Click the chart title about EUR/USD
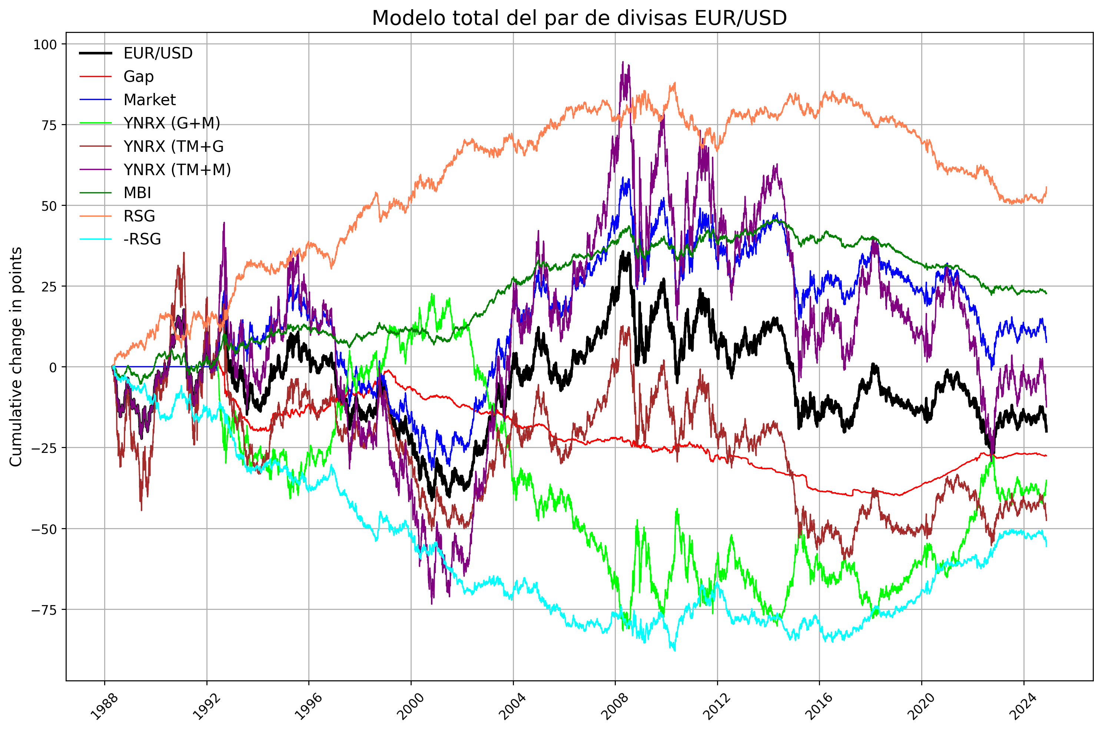[x=579, y=18]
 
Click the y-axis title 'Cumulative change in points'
[x=16, y=357]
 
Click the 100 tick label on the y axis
[x=44, y=45]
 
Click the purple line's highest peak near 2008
[x=623, y=61]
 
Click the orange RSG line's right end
[x=1046, y=187]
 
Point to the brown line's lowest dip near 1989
[x=141, y=510]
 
